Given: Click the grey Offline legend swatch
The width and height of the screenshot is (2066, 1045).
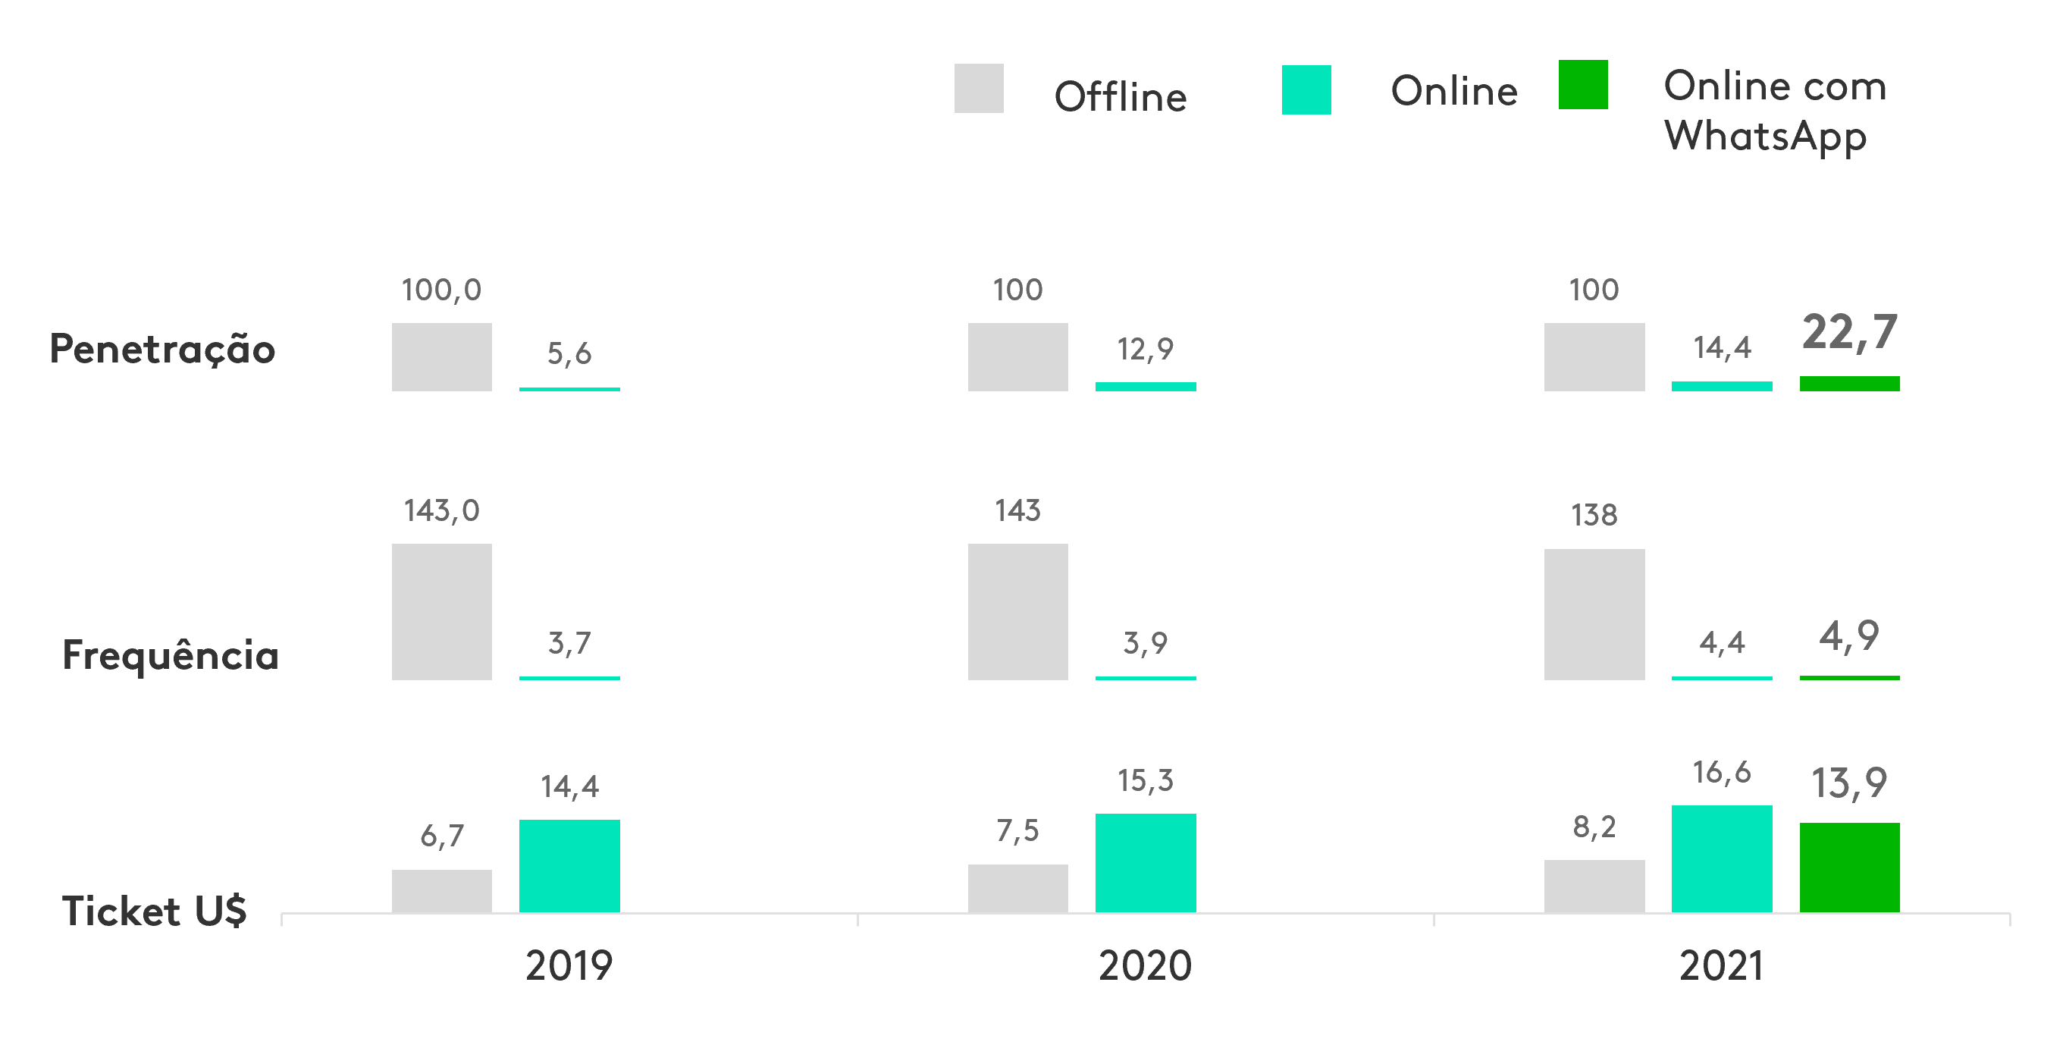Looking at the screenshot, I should (x=979, y=88).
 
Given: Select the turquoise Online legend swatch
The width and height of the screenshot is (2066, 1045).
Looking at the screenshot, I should (x=1306, y=89).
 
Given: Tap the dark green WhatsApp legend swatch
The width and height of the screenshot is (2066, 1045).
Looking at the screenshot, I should (x=1582, y=84).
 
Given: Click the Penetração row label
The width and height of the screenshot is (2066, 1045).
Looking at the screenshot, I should (x=162, y=349).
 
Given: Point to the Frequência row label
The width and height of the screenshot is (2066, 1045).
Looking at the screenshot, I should (x=170, y=654).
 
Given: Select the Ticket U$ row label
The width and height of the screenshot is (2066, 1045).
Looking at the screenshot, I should (x=154, y=911).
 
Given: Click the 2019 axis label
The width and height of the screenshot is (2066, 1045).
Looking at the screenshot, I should (x=569, y=965).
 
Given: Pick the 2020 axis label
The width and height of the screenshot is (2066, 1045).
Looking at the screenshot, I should (x=1145, y=965).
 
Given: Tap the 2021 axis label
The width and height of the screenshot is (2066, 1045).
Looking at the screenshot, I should (x=1721, y=965).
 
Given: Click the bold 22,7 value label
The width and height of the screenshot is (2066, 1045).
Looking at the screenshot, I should (x=1848, y=332).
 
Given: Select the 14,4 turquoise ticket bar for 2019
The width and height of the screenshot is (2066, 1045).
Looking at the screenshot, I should (x=569, y=865).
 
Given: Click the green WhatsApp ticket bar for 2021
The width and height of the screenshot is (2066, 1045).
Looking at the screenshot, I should (x=1849, y=867).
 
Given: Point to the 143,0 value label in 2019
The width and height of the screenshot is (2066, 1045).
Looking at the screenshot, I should (x=441, y=510).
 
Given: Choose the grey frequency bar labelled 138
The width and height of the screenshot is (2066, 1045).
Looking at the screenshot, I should (x=1594, y=614).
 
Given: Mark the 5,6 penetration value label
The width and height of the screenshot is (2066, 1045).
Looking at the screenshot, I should (x=569, y=353).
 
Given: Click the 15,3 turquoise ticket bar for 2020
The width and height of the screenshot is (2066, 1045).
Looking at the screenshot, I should (x=1146, y=862).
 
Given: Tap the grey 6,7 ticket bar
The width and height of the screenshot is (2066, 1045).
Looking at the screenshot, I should (x=441, y=890).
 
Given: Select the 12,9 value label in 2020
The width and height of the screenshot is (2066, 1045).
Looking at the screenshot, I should (x=1145, y=349).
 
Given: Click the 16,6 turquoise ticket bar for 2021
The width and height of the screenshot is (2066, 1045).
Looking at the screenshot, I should (x=1721, y=858).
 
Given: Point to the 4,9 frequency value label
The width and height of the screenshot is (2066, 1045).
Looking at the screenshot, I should (x=1848, y=637).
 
